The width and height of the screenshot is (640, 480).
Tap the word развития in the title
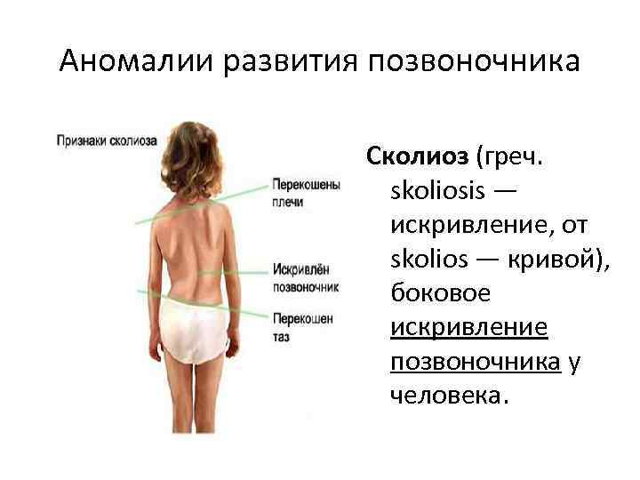[x=272, y=62]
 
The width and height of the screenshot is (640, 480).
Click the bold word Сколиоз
[x=416, y=157]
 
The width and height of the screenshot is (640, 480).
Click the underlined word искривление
[x=468, y=329]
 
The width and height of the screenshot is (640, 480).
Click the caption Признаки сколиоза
[x=107, y=140]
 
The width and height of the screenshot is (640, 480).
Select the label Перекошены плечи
[x=306, y=195]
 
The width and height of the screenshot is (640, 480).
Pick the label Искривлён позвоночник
[x=306, y=277]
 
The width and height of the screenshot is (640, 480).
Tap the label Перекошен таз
[x=303, y=327]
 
